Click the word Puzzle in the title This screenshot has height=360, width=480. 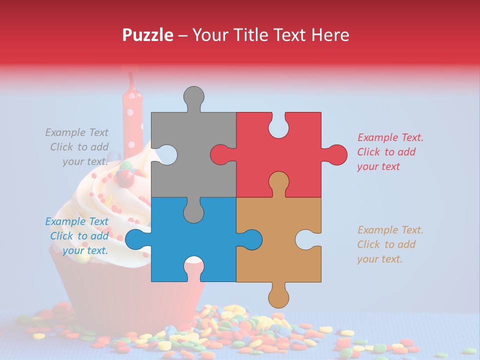[148, 35]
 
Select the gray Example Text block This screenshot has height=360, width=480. [77, 147]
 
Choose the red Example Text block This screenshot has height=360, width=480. [389, 152]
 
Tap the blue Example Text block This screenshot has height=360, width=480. [77, 236]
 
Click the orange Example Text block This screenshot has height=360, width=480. [389, 244]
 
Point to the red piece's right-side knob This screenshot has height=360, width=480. [336, 154]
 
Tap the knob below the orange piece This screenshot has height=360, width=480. [278, 297]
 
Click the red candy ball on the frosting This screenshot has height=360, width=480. [124, 177]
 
